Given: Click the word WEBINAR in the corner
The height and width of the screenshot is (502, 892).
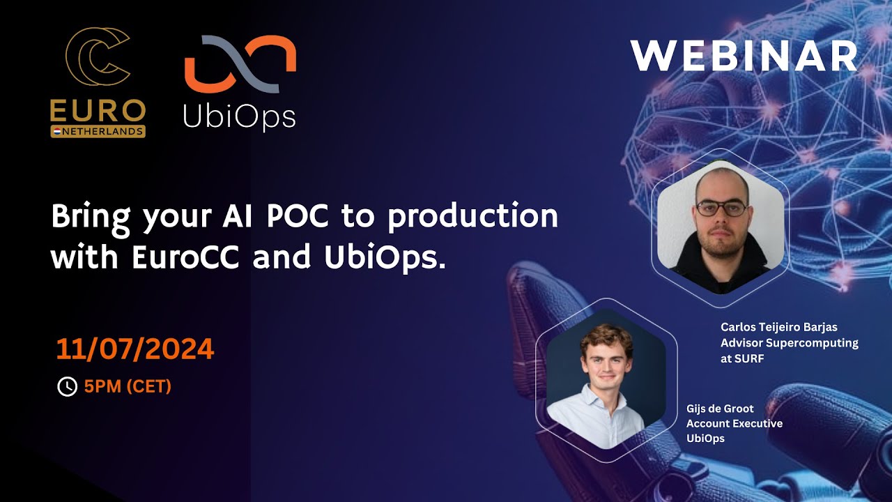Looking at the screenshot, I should point(744,56).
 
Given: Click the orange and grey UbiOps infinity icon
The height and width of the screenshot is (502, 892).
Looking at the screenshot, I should point(240,63).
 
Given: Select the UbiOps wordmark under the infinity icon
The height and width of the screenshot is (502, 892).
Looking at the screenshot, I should point(239,116).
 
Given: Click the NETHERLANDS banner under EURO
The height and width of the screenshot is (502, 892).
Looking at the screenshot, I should point(98,131).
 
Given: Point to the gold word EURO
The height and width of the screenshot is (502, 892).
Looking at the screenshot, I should point(98,111).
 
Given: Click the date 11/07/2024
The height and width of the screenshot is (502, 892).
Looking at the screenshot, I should point(135,349).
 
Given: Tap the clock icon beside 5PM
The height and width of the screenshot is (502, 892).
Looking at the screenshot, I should point(67,386).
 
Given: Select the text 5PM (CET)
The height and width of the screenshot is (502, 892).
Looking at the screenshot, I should point(128,386).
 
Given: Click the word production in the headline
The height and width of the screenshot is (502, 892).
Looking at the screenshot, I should point(472,217).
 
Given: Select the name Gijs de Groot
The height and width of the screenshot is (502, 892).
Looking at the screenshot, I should point(720,409).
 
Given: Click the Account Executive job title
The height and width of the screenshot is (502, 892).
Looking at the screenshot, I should point(734,423).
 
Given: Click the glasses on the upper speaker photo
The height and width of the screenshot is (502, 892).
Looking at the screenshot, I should point(721,208).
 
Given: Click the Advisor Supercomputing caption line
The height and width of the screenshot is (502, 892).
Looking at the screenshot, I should point(789,342).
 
